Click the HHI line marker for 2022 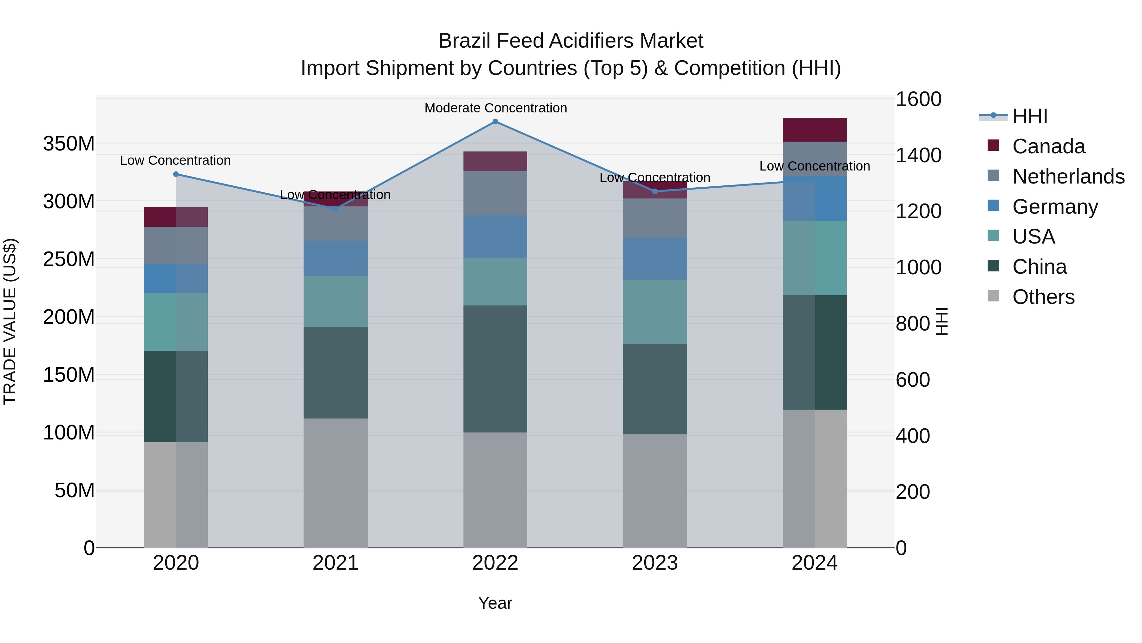495,122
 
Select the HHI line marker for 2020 176,174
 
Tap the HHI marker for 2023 655,191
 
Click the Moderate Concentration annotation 495,108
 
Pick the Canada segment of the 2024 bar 814,130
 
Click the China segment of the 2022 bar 495,368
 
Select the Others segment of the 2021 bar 336,483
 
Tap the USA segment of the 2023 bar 655,311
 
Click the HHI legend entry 1030,116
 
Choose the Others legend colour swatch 994,296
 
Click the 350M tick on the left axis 69,144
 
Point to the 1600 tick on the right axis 918,99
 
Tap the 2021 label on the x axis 336,563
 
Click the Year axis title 495,603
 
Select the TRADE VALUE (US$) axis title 10,321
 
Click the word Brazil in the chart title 465,41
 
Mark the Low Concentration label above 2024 814,166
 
